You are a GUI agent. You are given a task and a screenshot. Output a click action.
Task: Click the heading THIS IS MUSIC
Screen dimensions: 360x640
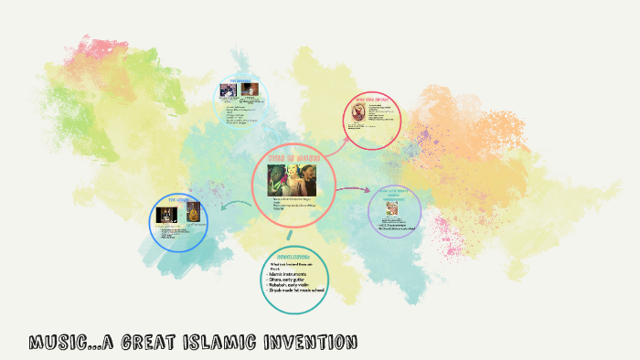pyautogui.click(x=293, y=158)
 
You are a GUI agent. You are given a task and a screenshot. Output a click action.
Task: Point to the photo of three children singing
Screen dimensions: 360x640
pyautogui.click(x=293, y=179)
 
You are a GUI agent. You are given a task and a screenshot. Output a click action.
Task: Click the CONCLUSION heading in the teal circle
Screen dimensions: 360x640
pyautogui.click(x=293, y=257)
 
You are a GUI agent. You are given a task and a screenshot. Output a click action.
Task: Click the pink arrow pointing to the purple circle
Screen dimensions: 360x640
pyautogui.click(x=352, y=191)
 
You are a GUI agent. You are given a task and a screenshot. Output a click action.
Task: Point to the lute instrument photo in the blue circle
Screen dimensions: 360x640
pyautogui.click(x=193, y=214)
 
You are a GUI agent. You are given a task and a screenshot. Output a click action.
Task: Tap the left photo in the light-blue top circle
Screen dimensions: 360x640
pyautogui.click(x=229, y=90)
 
